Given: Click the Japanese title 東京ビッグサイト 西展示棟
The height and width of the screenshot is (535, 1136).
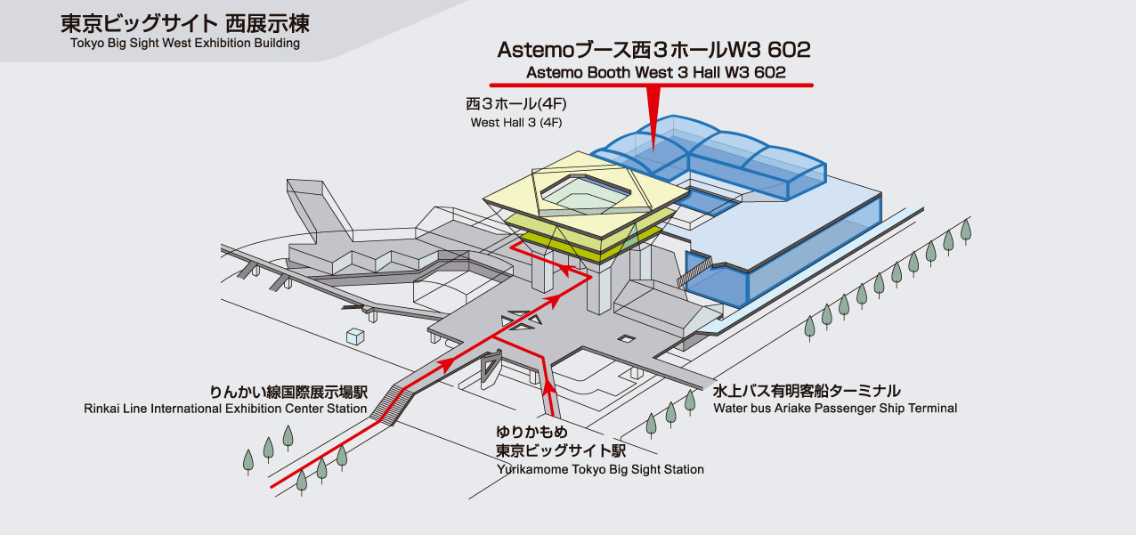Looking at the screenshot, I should click(x=184, y=23).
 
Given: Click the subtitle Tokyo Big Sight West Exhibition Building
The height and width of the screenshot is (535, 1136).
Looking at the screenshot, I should click(x=184, y=43).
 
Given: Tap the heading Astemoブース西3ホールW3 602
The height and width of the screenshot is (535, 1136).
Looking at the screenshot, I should click(x=653, y=49).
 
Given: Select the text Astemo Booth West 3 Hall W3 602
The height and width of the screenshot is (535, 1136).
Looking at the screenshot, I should click(x=655, y=73).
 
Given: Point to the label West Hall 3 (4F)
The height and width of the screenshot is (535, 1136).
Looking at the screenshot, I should click(x=516, y=122).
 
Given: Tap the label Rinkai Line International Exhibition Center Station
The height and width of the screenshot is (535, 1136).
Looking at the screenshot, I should click(x=225, y=409).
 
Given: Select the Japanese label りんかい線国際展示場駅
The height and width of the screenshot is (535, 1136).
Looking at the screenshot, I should click(x=288, y=392).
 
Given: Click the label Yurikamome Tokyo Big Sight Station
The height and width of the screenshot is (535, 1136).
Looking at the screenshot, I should click(x=600, y=469).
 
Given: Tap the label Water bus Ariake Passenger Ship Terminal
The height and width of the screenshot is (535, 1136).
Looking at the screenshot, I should click(x=835, y=409).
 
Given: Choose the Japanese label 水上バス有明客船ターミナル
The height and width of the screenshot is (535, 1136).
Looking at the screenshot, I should click(x=807, y=391).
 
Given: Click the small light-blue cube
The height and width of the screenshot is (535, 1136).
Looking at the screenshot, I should click(x=355, y=336).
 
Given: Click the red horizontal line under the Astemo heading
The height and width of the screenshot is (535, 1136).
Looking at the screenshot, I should click(x=655, y=85).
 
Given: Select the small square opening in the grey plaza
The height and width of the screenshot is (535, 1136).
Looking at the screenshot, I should click(x=627, y=338).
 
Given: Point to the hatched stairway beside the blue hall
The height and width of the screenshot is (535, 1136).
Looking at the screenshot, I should click(x=699, y=267).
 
